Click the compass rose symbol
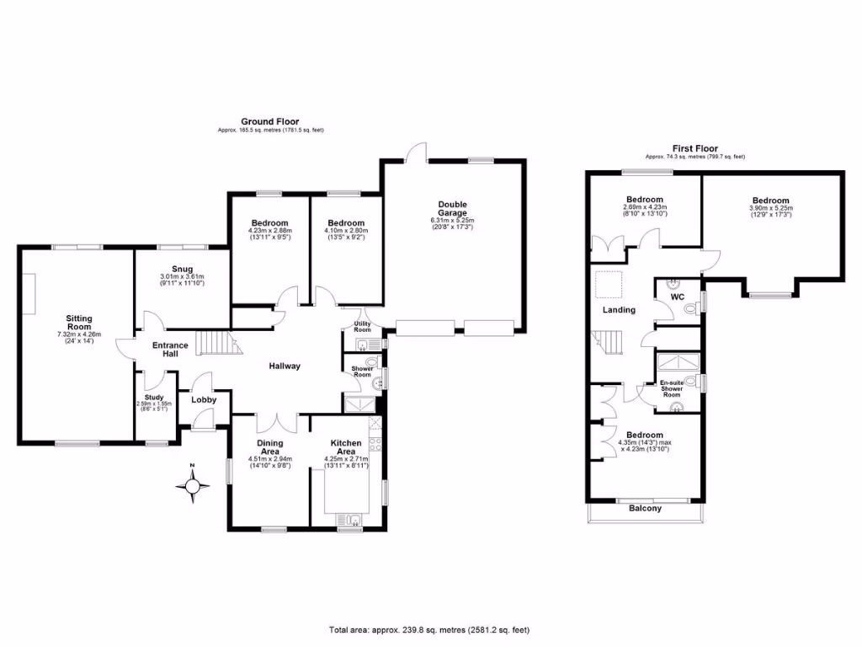(194, 485)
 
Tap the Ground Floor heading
(269, 121)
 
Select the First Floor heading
(694, 147)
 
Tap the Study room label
(154, 398)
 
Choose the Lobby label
(204, 399)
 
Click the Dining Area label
(269, 447)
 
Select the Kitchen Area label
(345, 447)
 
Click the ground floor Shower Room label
(363, 372)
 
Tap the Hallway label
(285, 366)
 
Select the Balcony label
(646, 509)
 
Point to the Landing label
(619, 310)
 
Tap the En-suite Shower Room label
(672, 388)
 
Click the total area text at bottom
(430, 630)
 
